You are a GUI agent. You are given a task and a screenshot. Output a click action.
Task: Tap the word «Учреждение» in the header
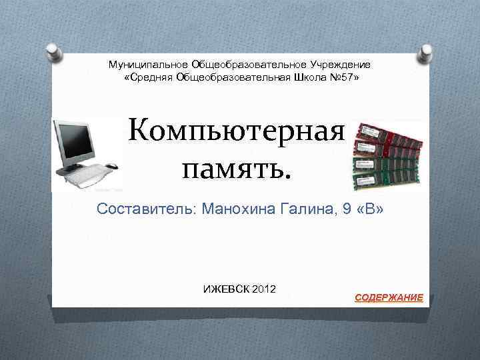(x=339, y=65)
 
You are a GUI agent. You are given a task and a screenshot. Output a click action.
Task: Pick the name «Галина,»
(x=297, y=210)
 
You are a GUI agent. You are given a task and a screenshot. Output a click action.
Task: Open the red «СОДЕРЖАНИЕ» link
(x=388, y=297)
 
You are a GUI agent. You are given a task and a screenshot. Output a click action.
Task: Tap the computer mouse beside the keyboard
(x=111, y=166)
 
